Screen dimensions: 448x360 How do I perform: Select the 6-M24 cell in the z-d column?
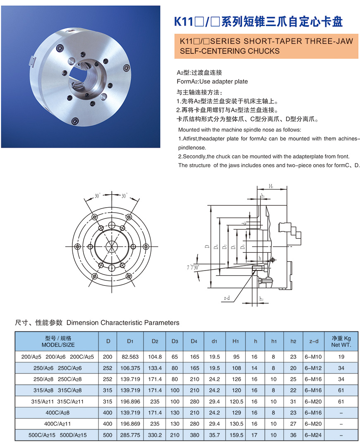pos(314,435)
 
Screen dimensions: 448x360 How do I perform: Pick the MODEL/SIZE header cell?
pos(58,341)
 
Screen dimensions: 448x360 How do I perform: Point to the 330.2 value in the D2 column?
pos(154,435)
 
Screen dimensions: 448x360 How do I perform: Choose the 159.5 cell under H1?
pos(236,435)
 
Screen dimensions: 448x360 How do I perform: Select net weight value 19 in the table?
pos(341,357)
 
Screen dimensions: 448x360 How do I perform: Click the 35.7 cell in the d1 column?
pos(214,435)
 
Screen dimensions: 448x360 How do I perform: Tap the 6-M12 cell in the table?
pos(314,368)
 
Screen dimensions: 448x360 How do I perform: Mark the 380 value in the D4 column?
pos(194,435)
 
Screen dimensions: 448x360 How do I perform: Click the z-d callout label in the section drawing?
pos(226,297)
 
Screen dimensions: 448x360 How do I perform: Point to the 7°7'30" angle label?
pos(193,268)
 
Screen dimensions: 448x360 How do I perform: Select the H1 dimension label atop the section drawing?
pos(271,187)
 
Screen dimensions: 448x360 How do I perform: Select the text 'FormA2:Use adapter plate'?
pos(212,81)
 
